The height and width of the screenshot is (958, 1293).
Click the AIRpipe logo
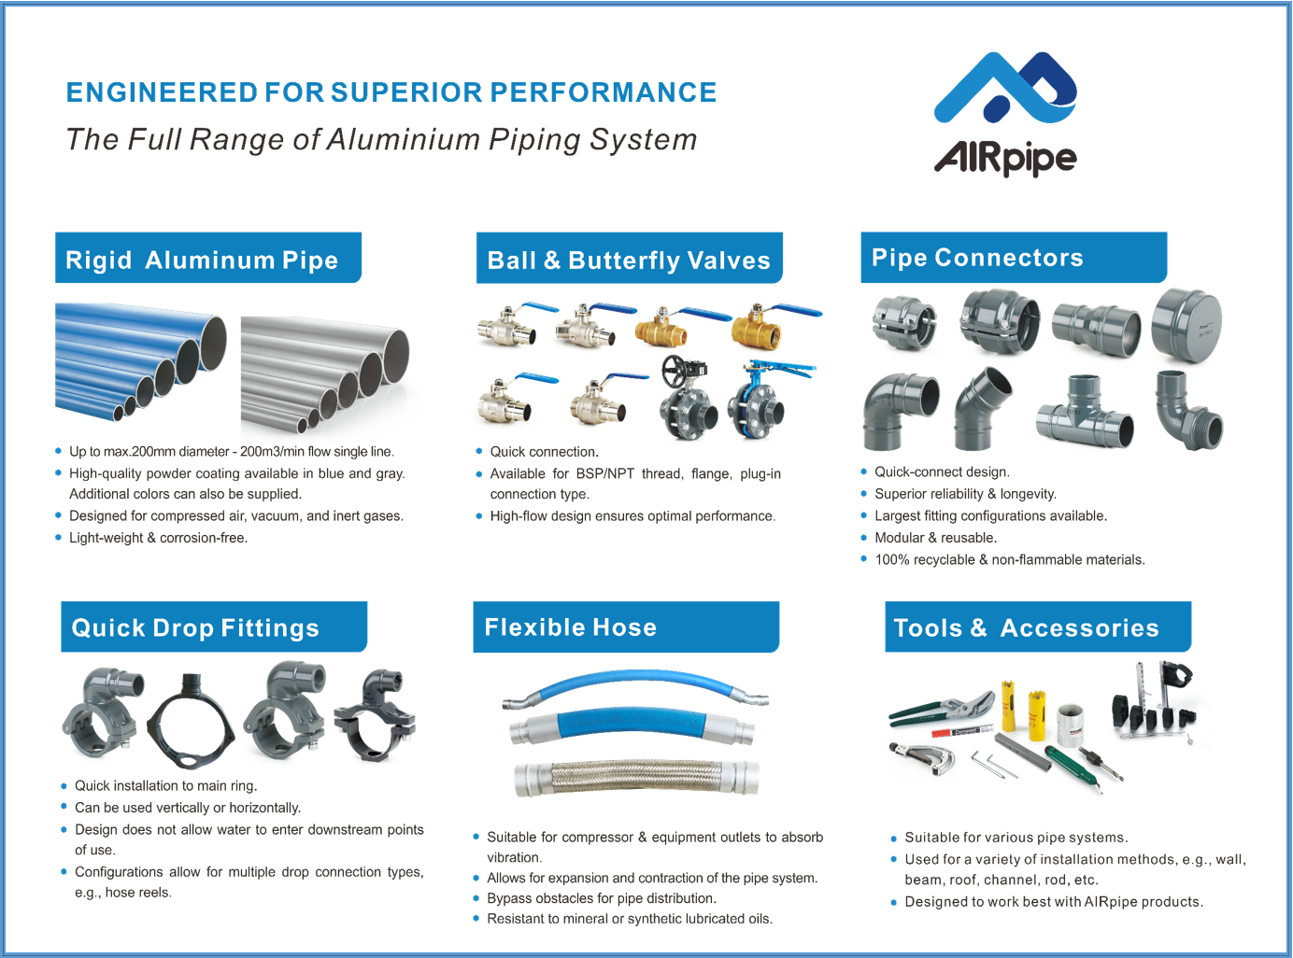(x=1005, y=114)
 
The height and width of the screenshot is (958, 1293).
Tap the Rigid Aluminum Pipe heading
(x=202, y=260)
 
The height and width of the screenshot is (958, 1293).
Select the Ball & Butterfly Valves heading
(x=629, y=260)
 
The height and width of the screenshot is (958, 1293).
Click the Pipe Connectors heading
(x=977, y=258)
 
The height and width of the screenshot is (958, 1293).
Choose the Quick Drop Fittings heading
(x=195, y=627)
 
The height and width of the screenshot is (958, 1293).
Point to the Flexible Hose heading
(x=570, y=627)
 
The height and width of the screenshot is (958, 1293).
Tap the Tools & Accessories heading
(x=1026, y=627)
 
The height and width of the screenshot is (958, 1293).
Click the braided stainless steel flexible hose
(x=635, y=778)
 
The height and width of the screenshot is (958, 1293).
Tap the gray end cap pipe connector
(x=1186, y=325)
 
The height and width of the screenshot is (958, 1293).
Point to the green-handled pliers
(x=939, y=709)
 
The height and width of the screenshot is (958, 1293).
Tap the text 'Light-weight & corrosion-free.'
(x=158, y=538)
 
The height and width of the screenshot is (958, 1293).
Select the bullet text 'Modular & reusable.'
(x=935, y=538)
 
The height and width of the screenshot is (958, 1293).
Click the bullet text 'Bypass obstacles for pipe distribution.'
(x=601, y=898)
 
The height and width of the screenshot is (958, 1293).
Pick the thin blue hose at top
(x=635, y=686)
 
